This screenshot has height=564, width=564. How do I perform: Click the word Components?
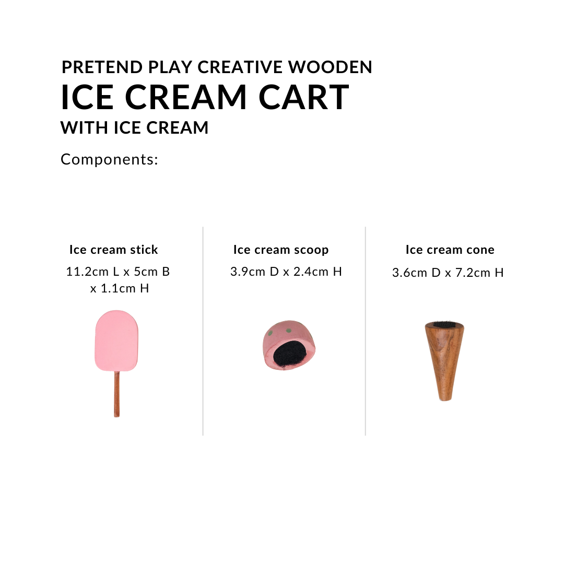109,159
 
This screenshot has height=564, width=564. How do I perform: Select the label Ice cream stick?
113,250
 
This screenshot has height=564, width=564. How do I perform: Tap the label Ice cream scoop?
281,250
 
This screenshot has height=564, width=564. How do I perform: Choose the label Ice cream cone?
450,250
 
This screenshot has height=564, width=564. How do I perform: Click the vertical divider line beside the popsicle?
203,331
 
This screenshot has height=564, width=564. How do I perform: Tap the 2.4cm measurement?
315,272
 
